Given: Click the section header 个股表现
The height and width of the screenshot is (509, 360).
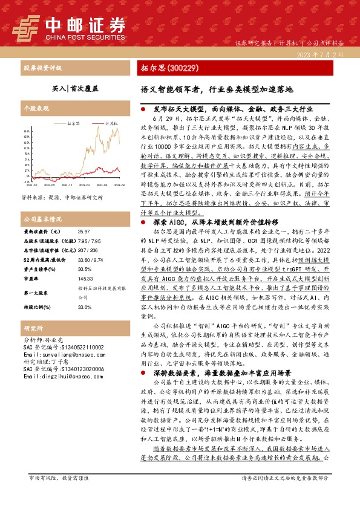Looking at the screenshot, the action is point(34,108).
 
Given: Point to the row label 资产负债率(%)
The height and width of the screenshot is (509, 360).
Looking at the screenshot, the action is point(39,253).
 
